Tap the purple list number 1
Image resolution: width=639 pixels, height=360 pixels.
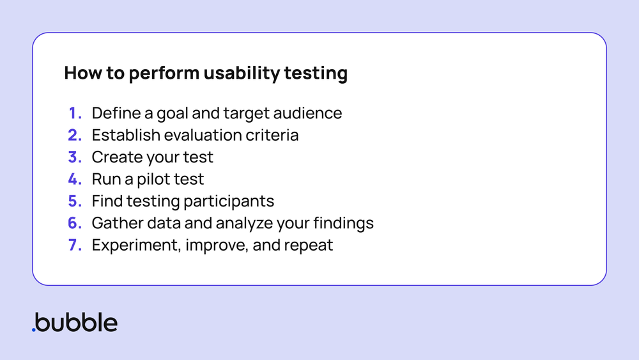(x=75, y=114)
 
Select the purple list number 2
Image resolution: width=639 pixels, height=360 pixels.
(x=75, y=136)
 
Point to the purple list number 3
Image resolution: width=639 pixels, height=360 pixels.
(x=75, y=157)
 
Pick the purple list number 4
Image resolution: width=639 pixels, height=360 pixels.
(x=75, y=179)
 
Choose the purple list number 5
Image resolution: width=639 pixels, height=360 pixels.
(x=75, y=201)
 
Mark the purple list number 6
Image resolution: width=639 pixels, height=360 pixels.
(x=75, y=223)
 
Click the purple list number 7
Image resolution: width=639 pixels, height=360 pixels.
(x=75, y=245)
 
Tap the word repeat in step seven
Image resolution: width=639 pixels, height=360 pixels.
(x=309, y=245)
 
